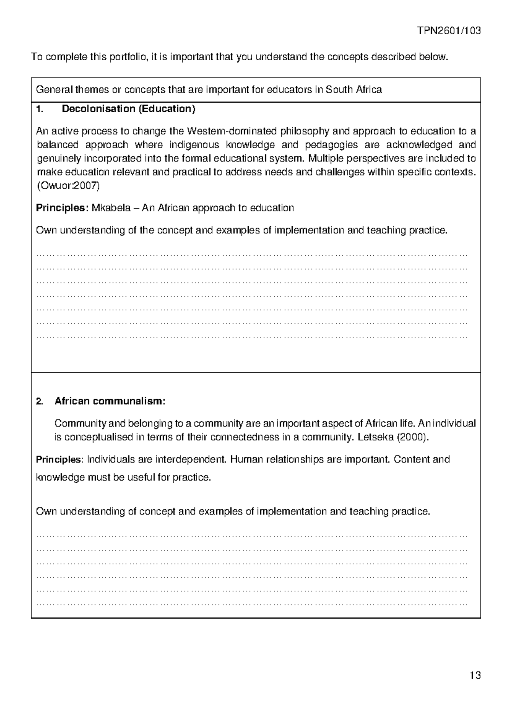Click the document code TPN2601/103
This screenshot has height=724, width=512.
pos(449,31)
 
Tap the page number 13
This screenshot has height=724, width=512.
pos(475,675)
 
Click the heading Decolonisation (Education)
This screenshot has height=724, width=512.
pos(128,109)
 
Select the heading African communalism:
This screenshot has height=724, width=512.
pos(110,401)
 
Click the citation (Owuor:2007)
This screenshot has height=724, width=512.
pos(68,186)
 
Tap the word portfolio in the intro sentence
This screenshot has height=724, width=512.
pos(127,57)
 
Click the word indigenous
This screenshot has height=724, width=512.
pos(194,145)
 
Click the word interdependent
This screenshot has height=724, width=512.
pos(190,460)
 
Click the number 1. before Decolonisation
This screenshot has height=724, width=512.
pos(40,109)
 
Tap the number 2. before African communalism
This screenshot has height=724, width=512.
pos(40,402)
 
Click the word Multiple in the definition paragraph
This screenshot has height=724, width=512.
pos(325,158)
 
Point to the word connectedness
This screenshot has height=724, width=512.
pos(245,437)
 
